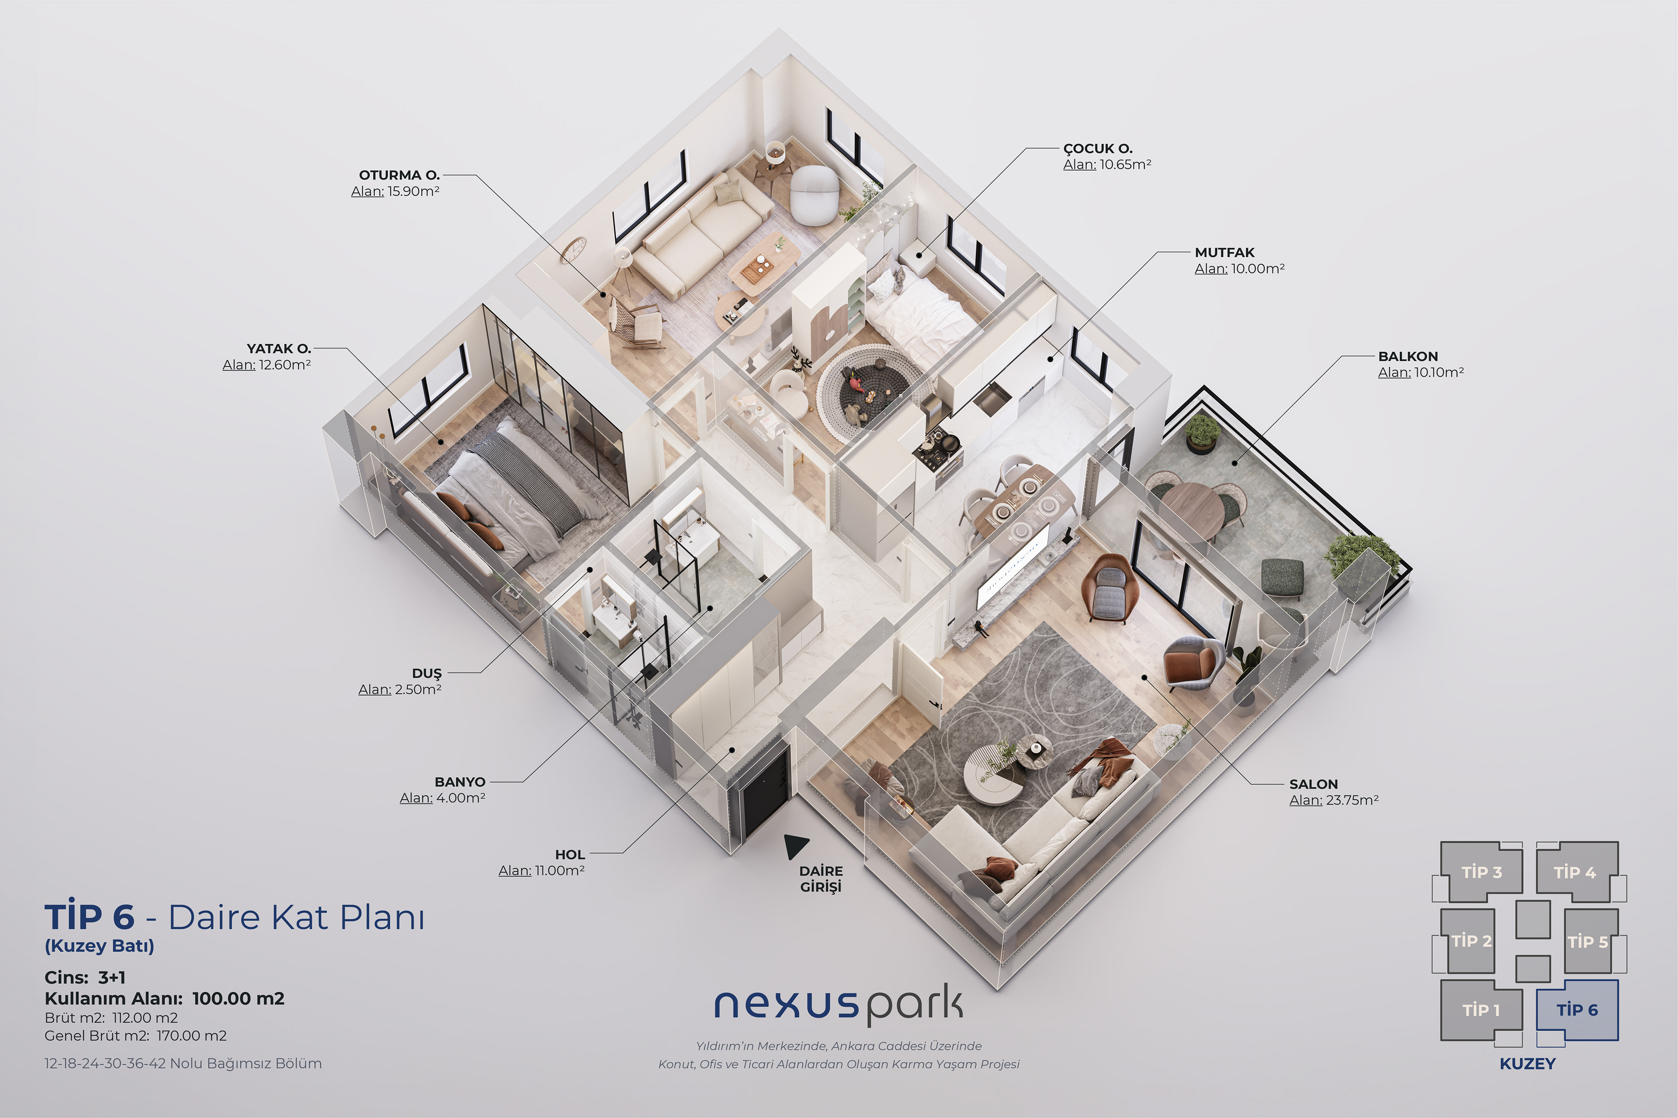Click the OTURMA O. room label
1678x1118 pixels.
399,175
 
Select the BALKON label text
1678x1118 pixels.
1408,356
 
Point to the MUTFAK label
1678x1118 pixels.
1224,252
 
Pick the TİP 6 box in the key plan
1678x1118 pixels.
1577,1010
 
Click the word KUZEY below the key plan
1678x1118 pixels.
1528,1064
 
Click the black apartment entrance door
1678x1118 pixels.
766,791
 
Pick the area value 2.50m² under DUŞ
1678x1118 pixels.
418,690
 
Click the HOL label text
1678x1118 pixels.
570,854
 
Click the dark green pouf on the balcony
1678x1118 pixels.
1282,576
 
